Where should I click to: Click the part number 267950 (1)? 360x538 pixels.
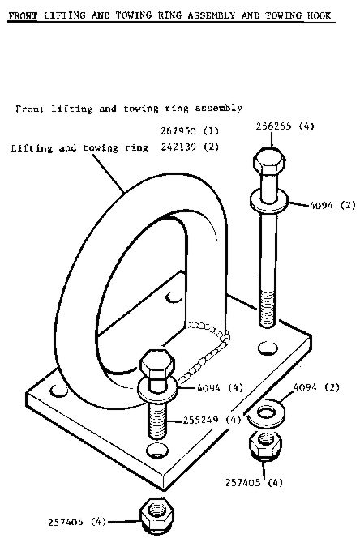point(190,131)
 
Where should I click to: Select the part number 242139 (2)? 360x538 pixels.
point(190,147)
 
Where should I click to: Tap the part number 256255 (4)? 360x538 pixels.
point(285,126)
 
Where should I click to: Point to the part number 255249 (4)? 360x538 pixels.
point(212,420)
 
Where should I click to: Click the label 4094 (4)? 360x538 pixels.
point(221,388)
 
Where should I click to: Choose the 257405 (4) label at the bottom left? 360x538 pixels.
point(77,522)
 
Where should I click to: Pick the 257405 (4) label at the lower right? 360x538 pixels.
point(255,482)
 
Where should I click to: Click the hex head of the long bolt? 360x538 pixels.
point(269,163)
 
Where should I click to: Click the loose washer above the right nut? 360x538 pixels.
point(266,413)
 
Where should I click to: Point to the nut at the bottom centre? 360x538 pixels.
point(157,515)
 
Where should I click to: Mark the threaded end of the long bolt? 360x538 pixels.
point(267,308)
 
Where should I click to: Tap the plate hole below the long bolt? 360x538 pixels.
point(268,348)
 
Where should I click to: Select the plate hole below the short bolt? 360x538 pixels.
point(157,450)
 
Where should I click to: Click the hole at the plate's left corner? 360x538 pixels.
point(58,391)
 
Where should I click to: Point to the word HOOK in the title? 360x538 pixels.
point(319,15)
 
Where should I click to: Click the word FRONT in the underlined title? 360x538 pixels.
point(23,15)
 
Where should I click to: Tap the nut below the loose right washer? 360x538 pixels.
point(265,445)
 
